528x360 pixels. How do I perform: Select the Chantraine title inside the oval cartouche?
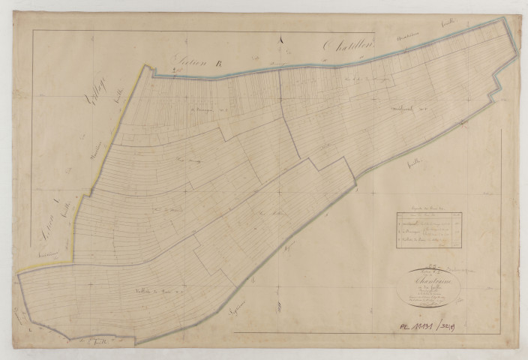point(433,283)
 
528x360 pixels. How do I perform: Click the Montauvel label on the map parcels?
point(407,109)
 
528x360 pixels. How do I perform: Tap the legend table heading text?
point(429,207)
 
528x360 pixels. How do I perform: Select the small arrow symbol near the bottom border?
point(274,307)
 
